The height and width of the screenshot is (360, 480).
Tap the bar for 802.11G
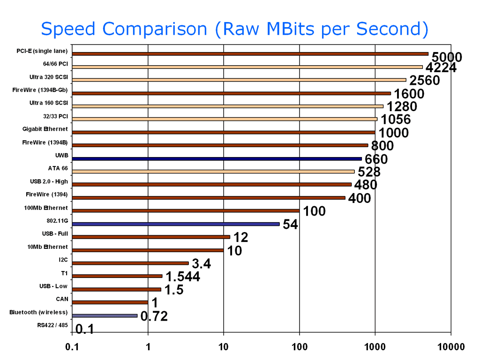tap(176, 224)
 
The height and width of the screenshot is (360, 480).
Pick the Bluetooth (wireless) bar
tap(105, 315)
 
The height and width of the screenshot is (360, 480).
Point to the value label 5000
tap(447, 57)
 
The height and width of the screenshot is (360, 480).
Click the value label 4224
tap(441, 68)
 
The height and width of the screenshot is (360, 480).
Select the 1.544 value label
tap(183, 277)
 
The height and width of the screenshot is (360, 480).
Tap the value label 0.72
tap(154, 316)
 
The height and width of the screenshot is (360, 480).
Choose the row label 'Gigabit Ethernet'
tap(45, 129)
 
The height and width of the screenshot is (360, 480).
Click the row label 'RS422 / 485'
tap(52, 324)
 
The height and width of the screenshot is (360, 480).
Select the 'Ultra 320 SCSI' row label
tap(48, 77)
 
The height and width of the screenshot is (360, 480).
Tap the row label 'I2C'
tap(63, 259)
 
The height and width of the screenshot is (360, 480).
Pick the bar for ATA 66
tap(213, 172)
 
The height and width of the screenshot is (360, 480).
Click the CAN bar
tap(110, 302)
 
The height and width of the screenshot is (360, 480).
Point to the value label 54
tap(290, 225)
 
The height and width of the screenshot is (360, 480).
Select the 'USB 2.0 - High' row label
tap(49, 181)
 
